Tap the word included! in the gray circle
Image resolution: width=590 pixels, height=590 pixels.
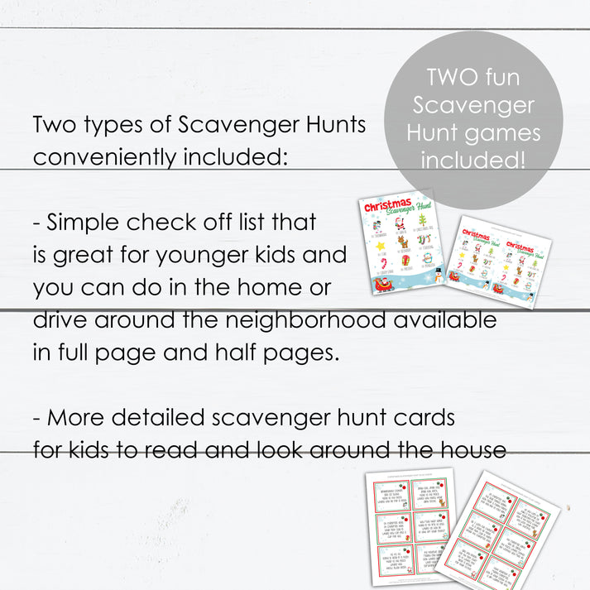coord(472,159)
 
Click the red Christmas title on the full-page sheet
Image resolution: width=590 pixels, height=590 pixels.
coord(388,207)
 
